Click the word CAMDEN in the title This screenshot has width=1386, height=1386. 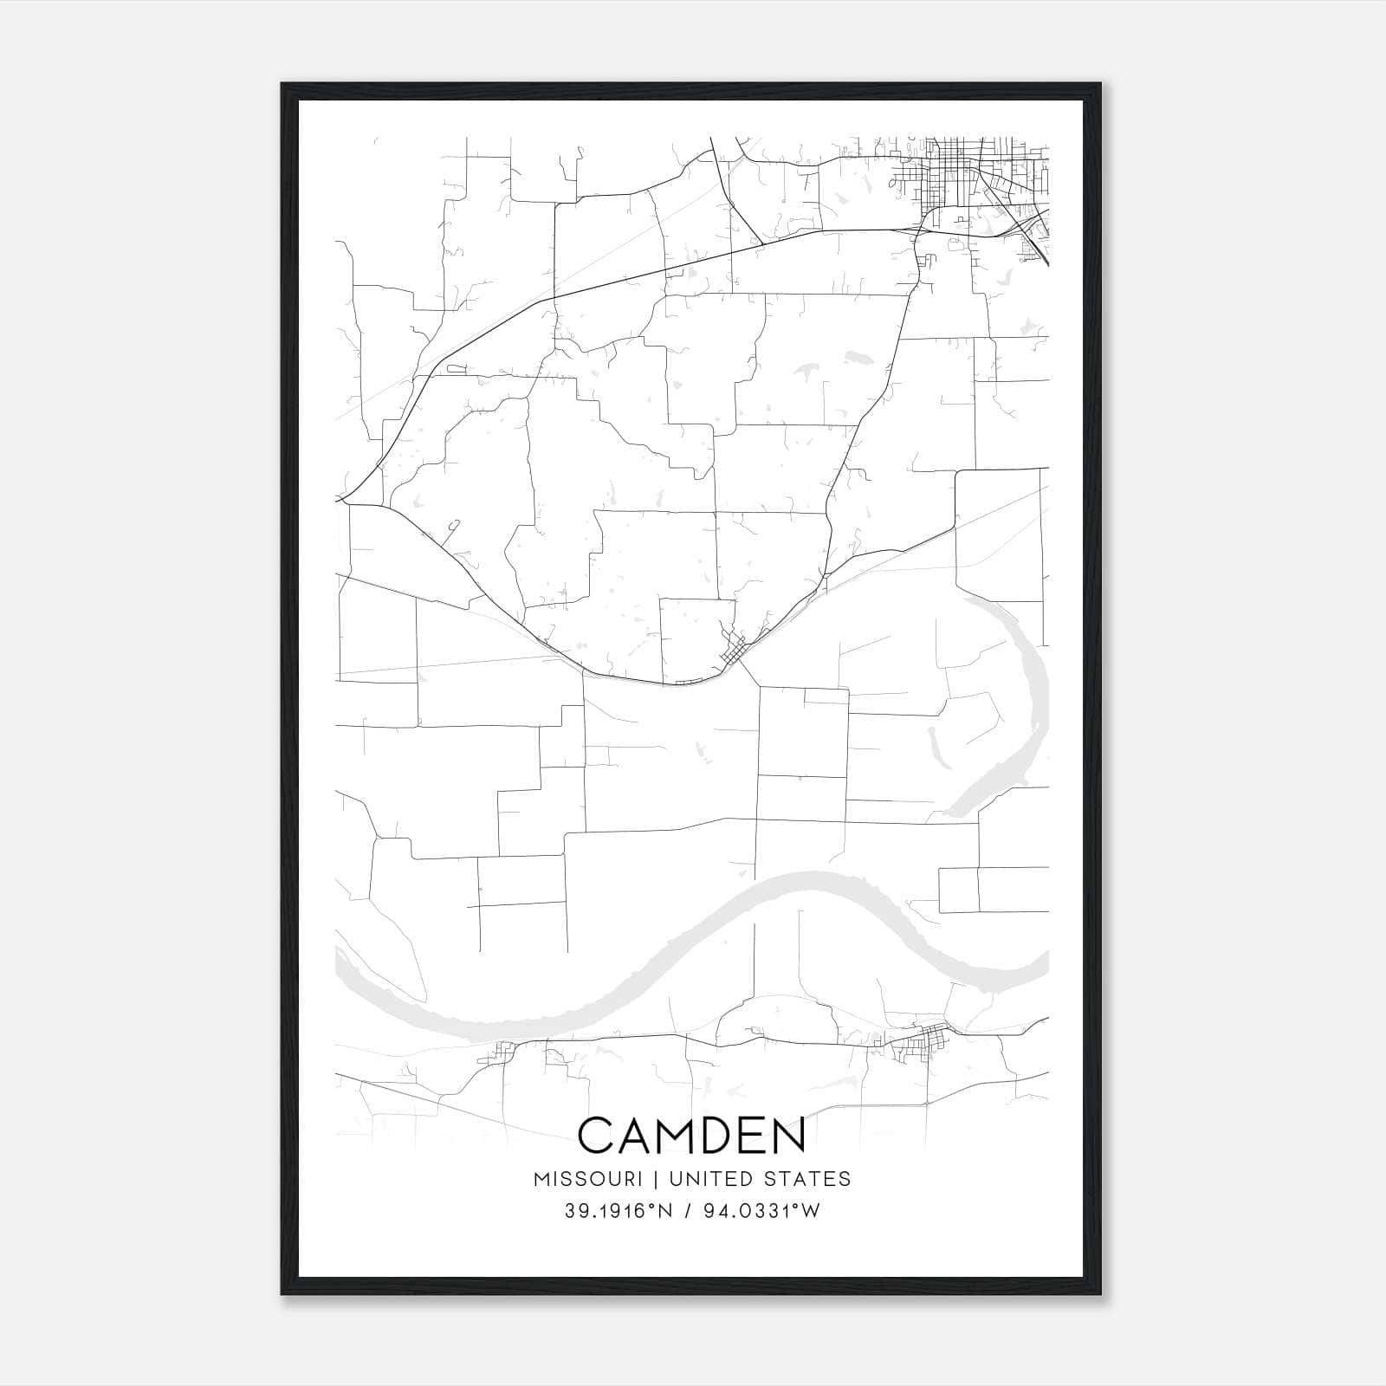click(691, 1136)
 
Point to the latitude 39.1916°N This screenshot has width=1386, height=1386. click(618, 1212)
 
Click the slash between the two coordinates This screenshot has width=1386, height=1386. click(686, 1212)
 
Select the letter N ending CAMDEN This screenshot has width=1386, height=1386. click(789, 1136)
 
